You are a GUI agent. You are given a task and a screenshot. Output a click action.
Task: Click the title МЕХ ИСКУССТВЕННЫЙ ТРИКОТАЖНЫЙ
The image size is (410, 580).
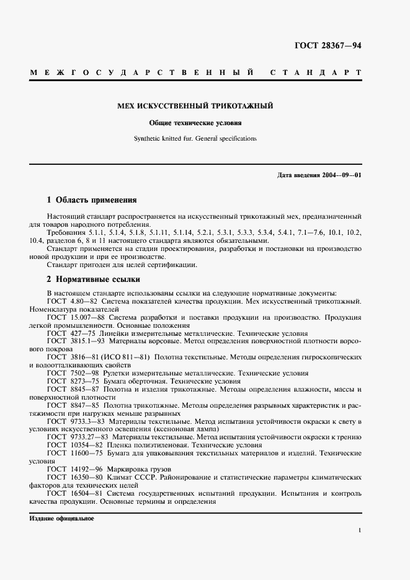[195, 106]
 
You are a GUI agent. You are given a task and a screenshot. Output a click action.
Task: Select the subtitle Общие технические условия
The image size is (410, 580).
[195, 123]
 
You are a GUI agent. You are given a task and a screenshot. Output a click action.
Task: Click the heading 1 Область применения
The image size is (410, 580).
[92, 200]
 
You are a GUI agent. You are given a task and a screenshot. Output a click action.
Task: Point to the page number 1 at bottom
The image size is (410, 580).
[360, 530]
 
